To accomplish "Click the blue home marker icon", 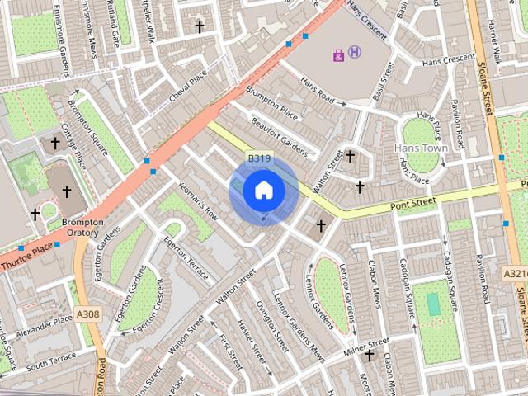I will click(263, 190).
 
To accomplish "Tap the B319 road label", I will click(259, 157).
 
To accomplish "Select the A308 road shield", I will click(87, 314).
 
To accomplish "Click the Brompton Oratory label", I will click(82, 228).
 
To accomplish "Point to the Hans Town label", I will click(421, 148).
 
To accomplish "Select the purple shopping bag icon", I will click(338, 55).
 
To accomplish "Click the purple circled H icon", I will click(355, 52).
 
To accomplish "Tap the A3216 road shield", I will click(515, 272).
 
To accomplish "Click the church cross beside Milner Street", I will click(370, 356).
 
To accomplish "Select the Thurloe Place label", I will click(27, 259).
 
